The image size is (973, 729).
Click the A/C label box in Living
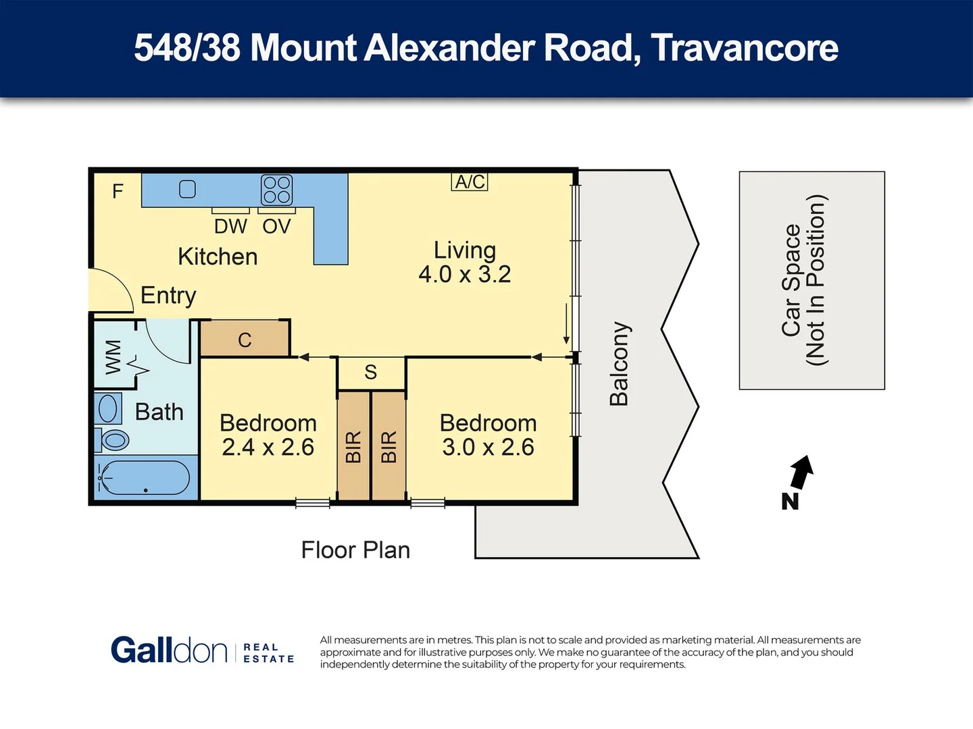click(x=470, y=182)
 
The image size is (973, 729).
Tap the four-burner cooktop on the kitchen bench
click(x=276, y=190)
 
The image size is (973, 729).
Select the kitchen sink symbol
click(x=187, y=189)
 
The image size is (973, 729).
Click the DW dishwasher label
click(x=230, y=226)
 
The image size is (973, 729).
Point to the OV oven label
click(x=276, y=226)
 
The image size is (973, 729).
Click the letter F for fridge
click(x=118, y=192)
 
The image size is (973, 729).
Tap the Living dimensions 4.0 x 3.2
click(x=464, y=274)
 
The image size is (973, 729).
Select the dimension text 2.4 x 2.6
click(x=268, y=447)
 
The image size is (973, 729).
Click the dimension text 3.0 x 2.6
click(x=488, y=447)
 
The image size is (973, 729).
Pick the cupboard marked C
click(x=245, y=340)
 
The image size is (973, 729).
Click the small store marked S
click(x=370, y=373)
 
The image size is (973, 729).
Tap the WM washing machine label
click(x=114, y=356)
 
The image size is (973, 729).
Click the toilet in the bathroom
click(x=114, y=440)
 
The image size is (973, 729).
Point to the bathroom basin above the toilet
click(x=107, y=408)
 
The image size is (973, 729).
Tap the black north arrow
click(x=801, y=472)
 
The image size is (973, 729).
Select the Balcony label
click(x=619, y=364)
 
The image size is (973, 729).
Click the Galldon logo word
click(x=169, y=651)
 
